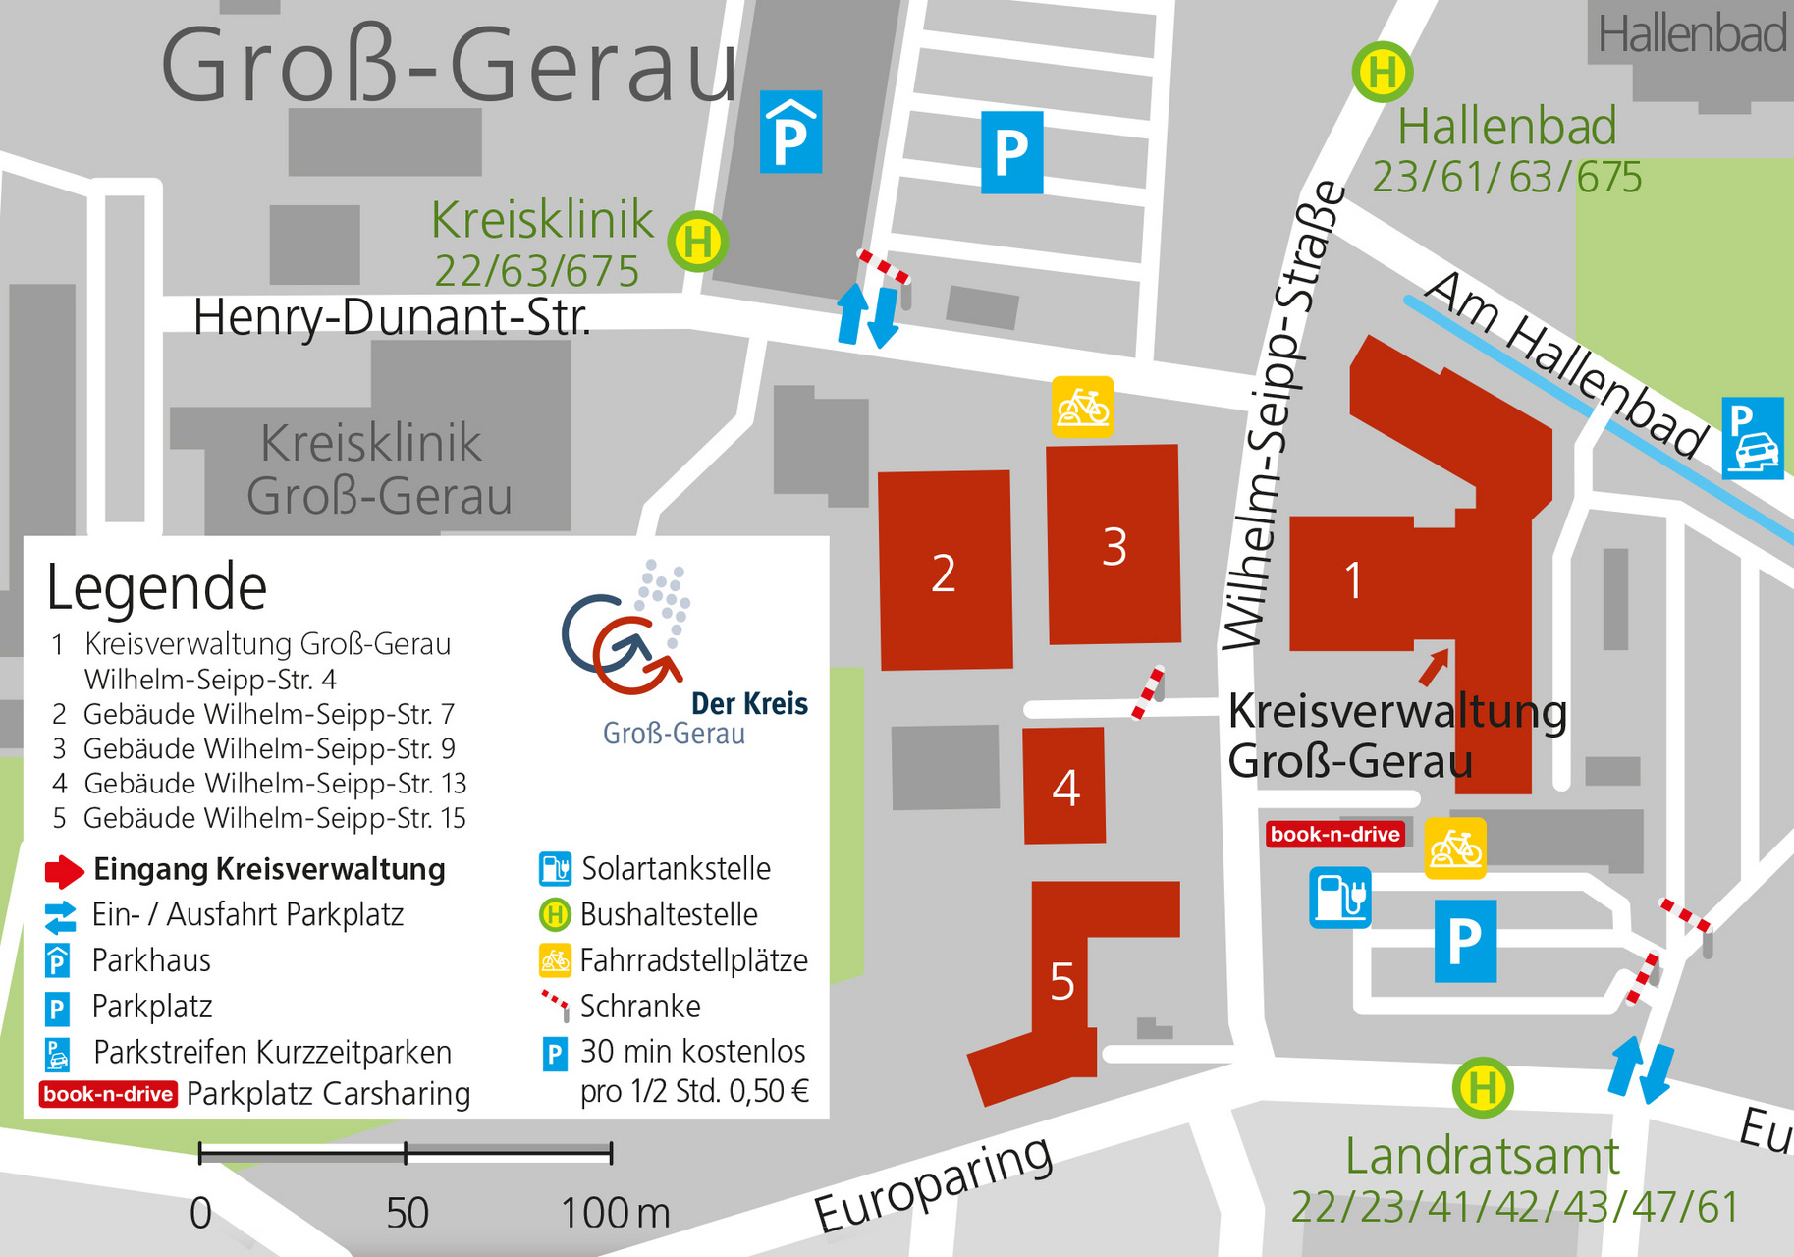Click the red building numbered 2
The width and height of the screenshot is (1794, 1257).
coord(945,571)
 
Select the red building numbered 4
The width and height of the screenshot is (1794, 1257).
coord(1064,786)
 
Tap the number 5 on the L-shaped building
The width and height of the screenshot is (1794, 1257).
coord(1062,981)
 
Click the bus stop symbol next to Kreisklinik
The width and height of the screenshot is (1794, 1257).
coord(697,241)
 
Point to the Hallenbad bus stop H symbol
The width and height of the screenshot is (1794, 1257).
coord(1383,72)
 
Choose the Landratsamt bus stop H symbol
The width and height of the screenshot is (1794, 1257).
coord(1483,1087)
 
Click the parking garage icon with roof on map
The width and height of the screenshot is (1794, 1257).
coord(790,133)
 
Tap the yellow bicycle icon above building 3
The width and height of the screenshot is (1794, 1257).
coord(1082,407)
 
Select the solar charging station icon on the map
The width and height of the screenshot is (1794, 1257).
coord(1339,897)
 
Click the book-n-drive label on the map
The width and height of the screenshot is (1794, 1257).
coord(1334,834)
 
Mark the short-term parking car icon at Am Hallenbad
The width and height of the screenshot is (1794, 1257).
coord(1752,438)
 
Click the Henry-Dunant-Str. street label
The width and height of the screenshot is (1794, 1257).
coord(392,317)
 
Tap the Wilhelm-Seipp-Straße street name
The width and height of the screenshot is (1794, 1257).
coord(1282,412)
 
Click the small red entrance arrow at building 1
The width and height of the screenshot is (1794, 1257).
coord(1434,667)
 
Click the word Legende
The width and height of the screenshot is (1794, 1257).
coord(157,587)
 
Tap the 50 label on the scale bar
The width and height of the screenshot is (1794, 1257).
coord(407,1213)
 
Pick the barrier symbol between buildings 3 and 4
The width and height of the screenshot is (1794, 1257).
coord(1148,692)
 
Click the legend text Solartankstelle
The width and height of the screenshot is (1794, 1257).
coord(676,868)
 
